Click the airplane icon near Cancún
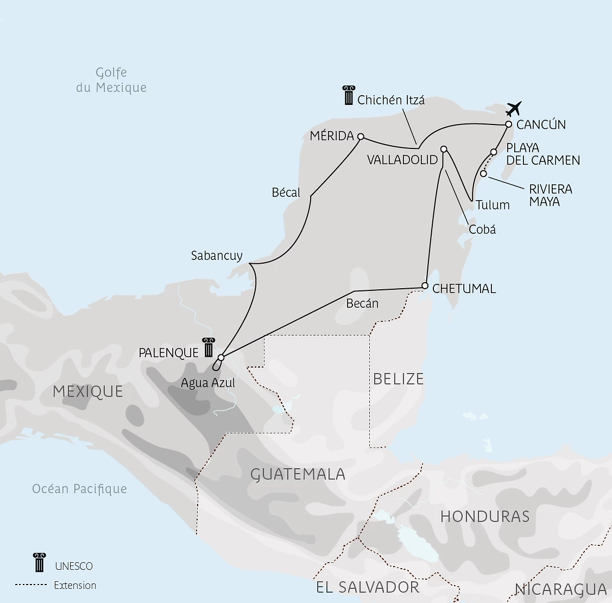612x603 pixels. [x=513, y=108]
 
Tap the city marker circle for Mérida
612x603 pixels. [x=361, y=136]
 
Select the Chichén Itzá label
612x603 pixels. [x=391, y=100]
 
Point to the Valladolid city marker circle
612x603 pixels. [x=444, y=149]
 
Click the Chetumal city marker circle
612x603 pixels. [x=425, y=285]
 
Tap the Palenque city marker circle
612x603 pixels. [x=220, y=357]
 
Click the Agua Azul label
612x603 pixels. [x=208, y=383]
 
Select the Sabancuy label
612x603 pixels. [x=217, y=256]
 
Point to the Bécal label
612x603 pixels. [x=286, y=192]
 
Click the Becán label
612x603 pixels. [x=362, y=303]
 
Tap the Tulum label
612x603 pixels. [x=493, y=205]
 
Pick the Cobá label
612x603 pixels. [x=482, y=229]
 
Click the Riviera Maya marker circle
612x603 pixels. [x=483, y=173]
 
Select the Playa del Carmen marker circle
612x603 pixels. [x=494, y=152]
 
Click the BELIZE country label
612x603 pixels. [x=398, y=379]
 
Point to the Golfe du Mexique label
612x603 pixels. [x=111, y=80]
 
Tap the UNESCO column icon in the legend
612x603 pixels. [x=39, y=562]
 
